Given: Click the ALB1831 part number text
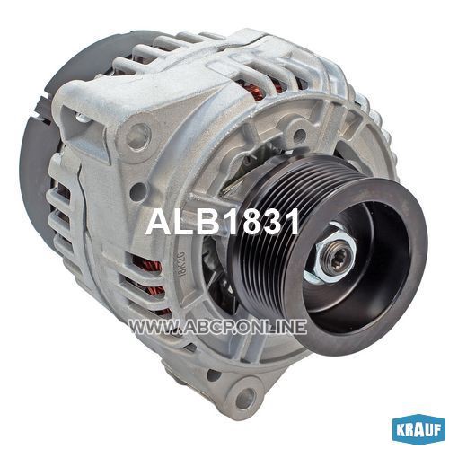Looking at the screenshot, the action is pos(223,222).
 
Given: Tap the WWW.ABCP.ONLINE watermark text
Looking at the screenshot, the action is pos(218,326).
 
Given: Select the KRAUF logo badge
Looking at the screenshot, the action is pos(418,430).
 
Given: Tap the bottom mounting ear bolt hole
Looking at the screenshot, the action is pos(245,397).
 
